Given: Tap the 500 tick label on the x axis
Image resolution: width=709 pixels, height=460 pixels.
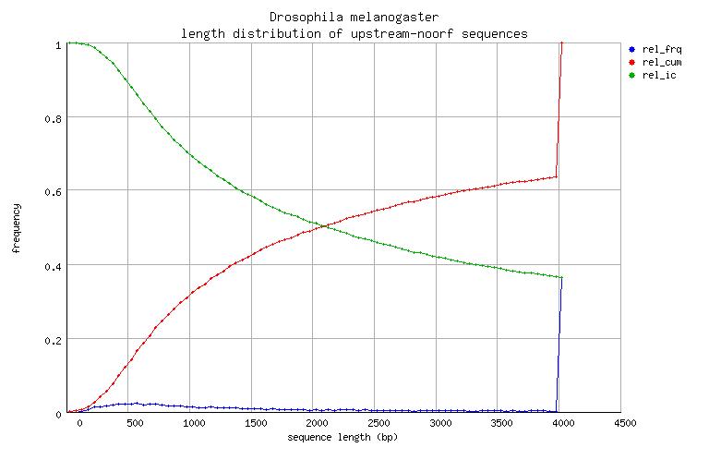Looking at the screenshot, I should (x=135, y=424).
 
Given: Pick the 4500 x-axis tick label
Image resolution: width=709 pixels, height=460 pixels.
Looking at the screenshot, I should (x=610, y=424).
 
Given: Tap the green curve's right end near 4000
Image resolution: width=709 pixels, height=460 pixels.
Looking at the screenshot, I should (x=560, y=277).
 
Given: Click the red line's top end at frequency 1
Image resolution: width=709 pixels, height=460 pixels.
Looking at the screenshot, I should (x=561, y=44).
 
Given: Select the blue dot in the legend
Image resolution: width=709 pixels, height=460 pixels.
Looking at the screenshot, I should (x=631, y=49).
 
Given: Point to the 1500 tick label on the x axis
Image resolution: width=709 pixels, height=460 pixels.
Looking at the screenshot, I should (x=255, y=424).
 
